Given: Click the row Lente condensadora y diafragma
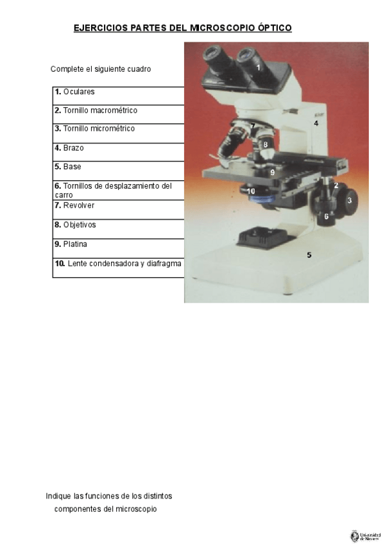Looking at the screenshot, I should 118,264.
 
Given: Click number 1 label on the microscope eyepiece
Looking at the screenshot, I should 259,67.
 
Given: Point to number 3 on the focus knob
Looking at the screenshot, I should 349,201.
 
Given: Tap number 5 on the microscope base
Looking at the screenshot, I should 309,255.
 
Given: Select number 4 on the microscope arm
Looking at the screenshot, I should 316,122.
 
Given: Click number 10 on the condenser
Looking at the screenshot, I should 251,191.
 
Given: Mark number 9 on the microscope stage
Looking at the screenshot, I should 272,173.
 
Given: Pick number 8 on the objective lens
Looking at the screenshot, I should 265,145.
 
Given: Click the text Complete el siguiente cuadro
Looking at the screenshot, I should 101,69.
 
